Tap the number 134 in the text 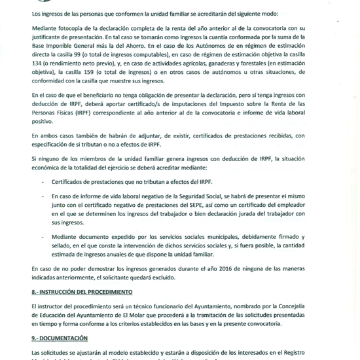(39, 67)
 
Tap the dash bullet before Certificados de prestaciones (43, 182)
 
